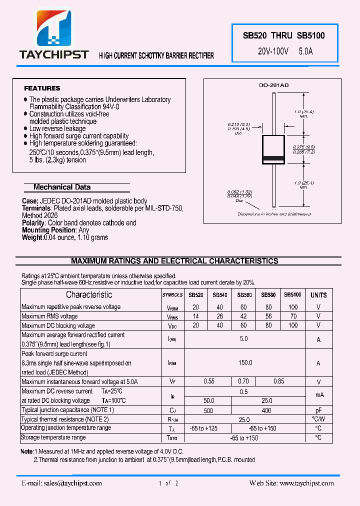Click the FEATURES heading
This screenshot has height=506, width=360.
[x=42, y=88]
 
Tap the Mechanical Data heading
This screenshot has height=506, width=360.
[x=62, y=187]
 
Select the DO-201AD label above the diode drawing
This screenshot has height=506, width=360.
[x=273, y=85]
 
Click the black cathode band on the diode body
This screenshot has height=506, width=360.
[x=273, y=159]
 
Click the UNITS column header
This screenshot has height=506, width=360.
[x=318, y=295]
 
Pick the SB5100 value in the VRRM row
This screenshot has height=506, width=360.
[x=293, y=307]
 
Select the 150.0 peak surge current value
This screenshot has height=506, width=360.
[x=245, y=363]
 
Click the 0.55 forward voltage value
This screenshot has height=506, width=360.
[x=209, y=381]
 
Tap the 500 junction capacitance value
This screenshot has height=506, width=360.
[x=208, y=410]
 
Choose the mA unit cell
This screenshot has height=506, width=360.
[x=318, y=395]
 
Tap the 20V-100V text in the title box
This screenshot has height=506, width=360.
[x=273, y=51]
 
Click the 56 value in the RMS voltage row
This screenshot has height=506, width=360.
[x=268, y=316]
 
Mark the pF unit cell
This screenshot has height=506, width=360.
[x=318, y=410]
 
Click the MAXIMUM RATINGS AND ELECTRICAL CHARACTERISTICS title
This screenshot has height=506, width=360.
[x=174, y=261]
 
